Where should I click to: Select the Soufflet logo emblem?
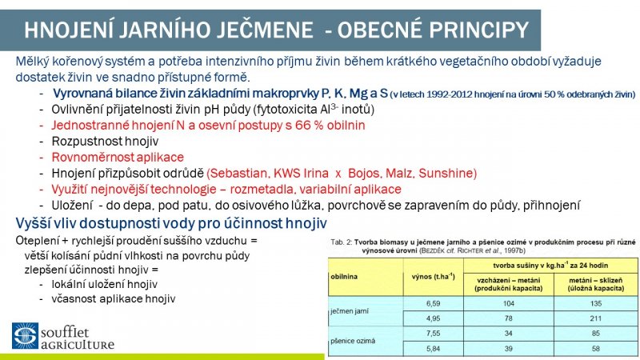[25, 336]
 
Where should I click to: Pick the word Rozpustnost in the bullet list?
[85, 141]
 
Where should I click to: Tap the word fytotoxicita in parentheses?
[286, 109]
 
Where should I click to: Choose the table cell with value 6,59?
[433, 304]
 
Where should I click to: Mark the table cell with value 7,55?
[433, 334]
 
